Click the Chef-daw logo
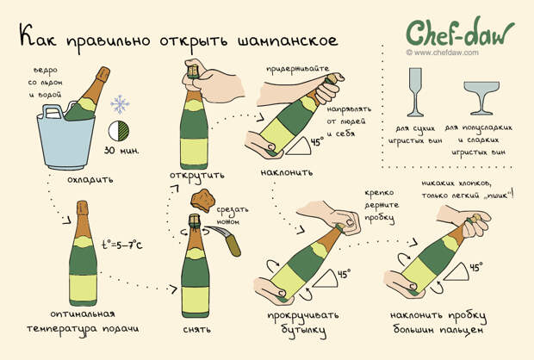pyautogui.click(x=460, y=33)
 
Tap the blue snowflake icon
pyautogui.click(x=120, y=104)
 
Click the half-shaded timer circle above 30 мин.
pyautogui.click(x=119, y=131)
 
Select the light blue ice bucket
pyautogui.click(x=65, y=137)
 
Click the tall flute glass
pyautogui.click(x=415, y=92)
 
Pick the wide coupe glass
pyautogui.click(x=481, y=98)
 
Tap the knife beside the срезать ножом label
pyautogui.click(x=225, y=241)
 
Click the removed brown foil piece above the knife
pyautogui.click(x=202, y=201)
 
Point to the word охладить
pyautogui.click(x=90, y=179)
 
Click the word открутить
pyautogui.click(x=197, y=176)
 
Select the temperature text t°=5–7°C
pyautogui.click(x=122, y=245)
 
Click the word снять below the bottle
pyautogui.click(x=197, y=330)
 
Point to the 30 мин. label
pyautogui.click(x=121, y=151)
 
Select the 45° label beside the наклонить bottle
pyautogui.click(x=317, y=141)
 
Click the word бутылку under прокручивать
pyautogui.click(x=304, y=331)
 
